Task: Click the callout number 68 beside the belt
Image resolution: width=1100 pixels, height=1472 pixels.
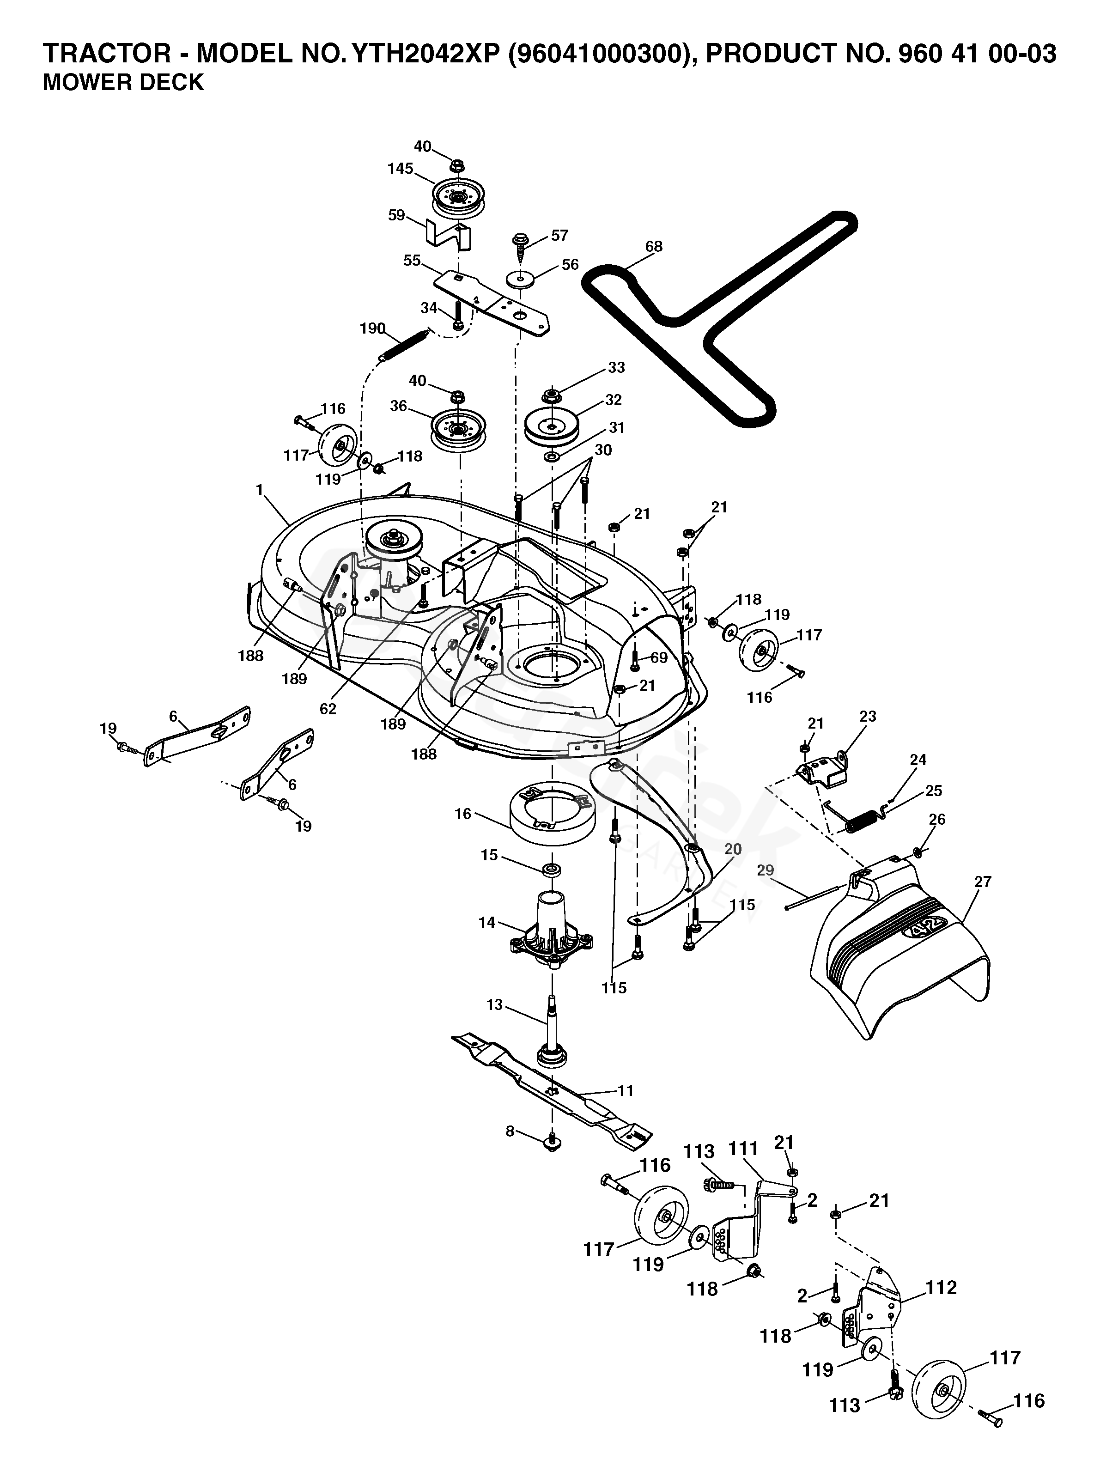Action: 653,247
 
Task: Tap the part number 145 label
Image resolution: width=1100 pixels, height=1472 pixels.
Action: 400,169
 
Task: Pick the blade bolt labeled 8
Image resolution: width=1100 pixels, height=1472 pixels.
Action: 552,1142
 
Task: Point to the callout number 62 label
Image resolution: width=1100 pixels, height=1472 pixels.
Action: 328,709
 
